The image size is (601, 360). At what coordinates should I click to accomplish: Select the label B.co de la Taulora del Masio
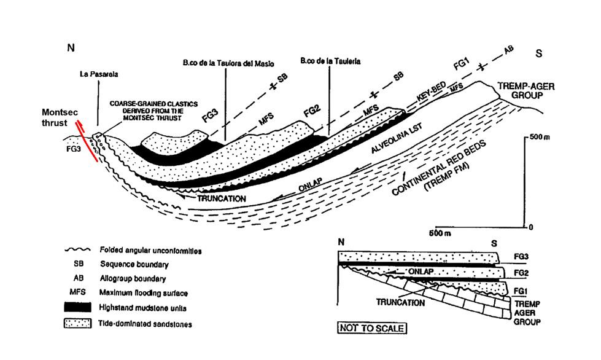point(228,63)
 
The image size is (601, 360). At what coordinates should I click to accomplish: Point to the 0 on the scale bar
point(530,227)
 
